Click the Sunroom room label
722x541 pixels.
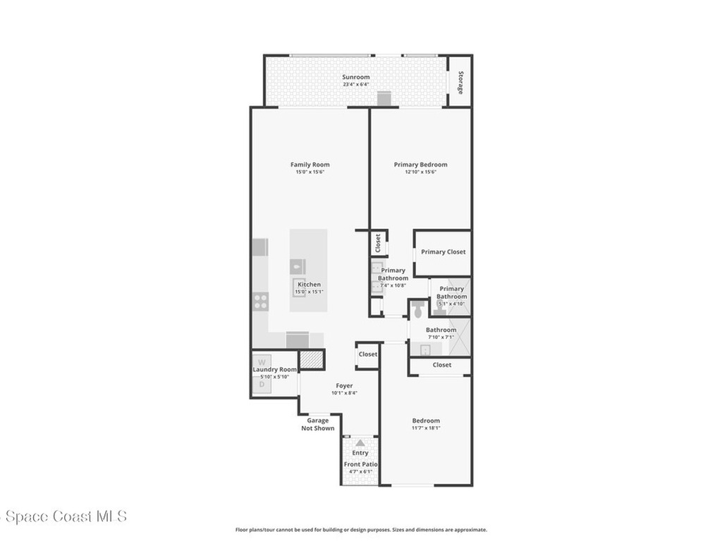tap(356, 77)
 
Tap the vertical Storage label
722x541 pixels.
tap(460, 82)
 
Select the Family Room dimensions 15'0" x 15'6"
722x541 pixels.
tap(310, 172)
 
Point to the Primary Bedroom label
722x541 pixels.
tap(420, 165)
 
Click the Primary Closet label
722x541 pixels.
tap(443, 251)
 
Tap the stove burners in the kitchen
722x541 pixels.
tap(261, 302)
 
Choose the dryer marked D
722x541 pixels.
tap(261, 384)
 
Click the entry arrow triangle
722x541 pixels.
tap(360, 443)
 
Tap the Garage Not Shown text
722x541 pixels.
tap(318, 424)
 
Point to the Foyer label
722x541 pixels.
tap(344, 385)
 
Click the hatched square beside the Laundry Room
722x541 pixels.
tap(310, 359)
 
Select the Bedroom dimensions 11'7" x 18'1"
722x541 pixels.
tap(426, 428)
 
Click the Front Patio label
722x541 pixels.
tap(361, 464)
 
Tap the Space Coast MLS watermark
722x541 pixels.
tap(63, 516)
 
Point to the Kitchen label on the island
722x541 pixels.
tap(309, 285)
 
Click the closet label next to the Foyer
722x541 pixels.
tap(367, 354)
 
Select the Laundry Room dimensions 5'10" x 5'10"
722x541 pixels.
tap(274, 377)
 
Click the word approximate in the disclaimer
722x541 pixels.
tap(471, 530)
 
